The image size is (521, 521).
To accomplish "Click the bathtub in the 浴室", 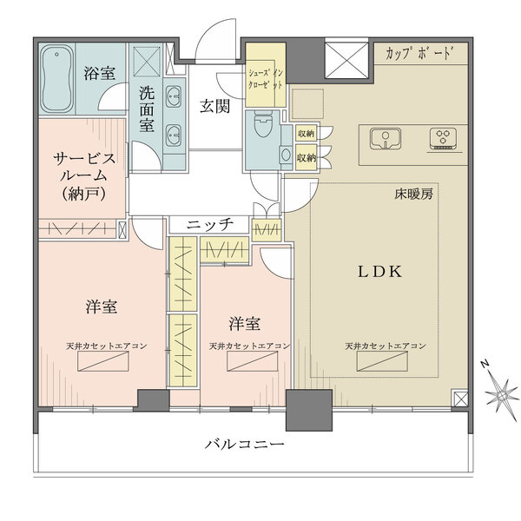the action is click(x=56, y=79).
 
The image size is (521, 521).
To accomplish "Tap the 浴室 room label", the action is click(x=100, y=73).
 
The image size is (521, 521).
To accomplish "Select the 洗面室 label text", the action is click(x=147, y=109).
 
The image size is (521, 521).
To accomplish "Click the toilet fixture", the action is click(x=263, y=123).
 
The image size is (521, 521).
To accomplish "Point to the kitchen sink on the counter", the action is click(x=386, y=139).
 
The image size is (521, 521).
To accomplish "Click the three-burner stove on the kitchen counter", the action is click(x=443, y=138).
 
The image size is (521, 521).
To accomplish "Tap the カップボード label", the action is click(x=419, y=54).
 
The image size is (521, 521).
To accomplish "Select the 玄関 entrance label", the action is click(x=214, y=106).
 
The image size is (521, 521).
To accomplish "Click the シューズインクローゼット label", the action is click(x=266, y=79).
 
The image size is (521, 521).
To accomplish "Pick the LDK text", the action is click(x=379, y=272).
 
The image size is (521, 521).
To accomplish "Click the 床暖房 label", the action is click(x=413, y=195).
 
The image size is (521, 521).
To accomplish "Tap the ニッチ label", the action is click(x=209, y=225).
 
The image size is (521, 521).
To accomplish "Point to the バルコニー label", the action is click(x=245, y=444).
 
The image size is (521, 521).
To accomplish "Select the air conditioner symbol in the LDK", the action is click(x=382, y=361).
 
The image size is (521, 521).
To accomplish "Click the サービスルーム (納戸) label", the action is click(x=84, y=176).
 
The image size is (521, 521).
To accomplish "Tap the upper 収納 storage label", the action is click(x=306, y=134).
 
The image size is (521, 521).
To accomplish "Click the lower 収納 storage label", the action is click(x=306, y=158).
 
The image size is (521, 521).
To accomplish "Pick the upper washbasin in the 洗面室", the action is click(x=173, y=96).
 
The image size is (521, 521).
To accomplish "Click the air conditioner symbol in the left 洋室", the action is click(x=103, y=361).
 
